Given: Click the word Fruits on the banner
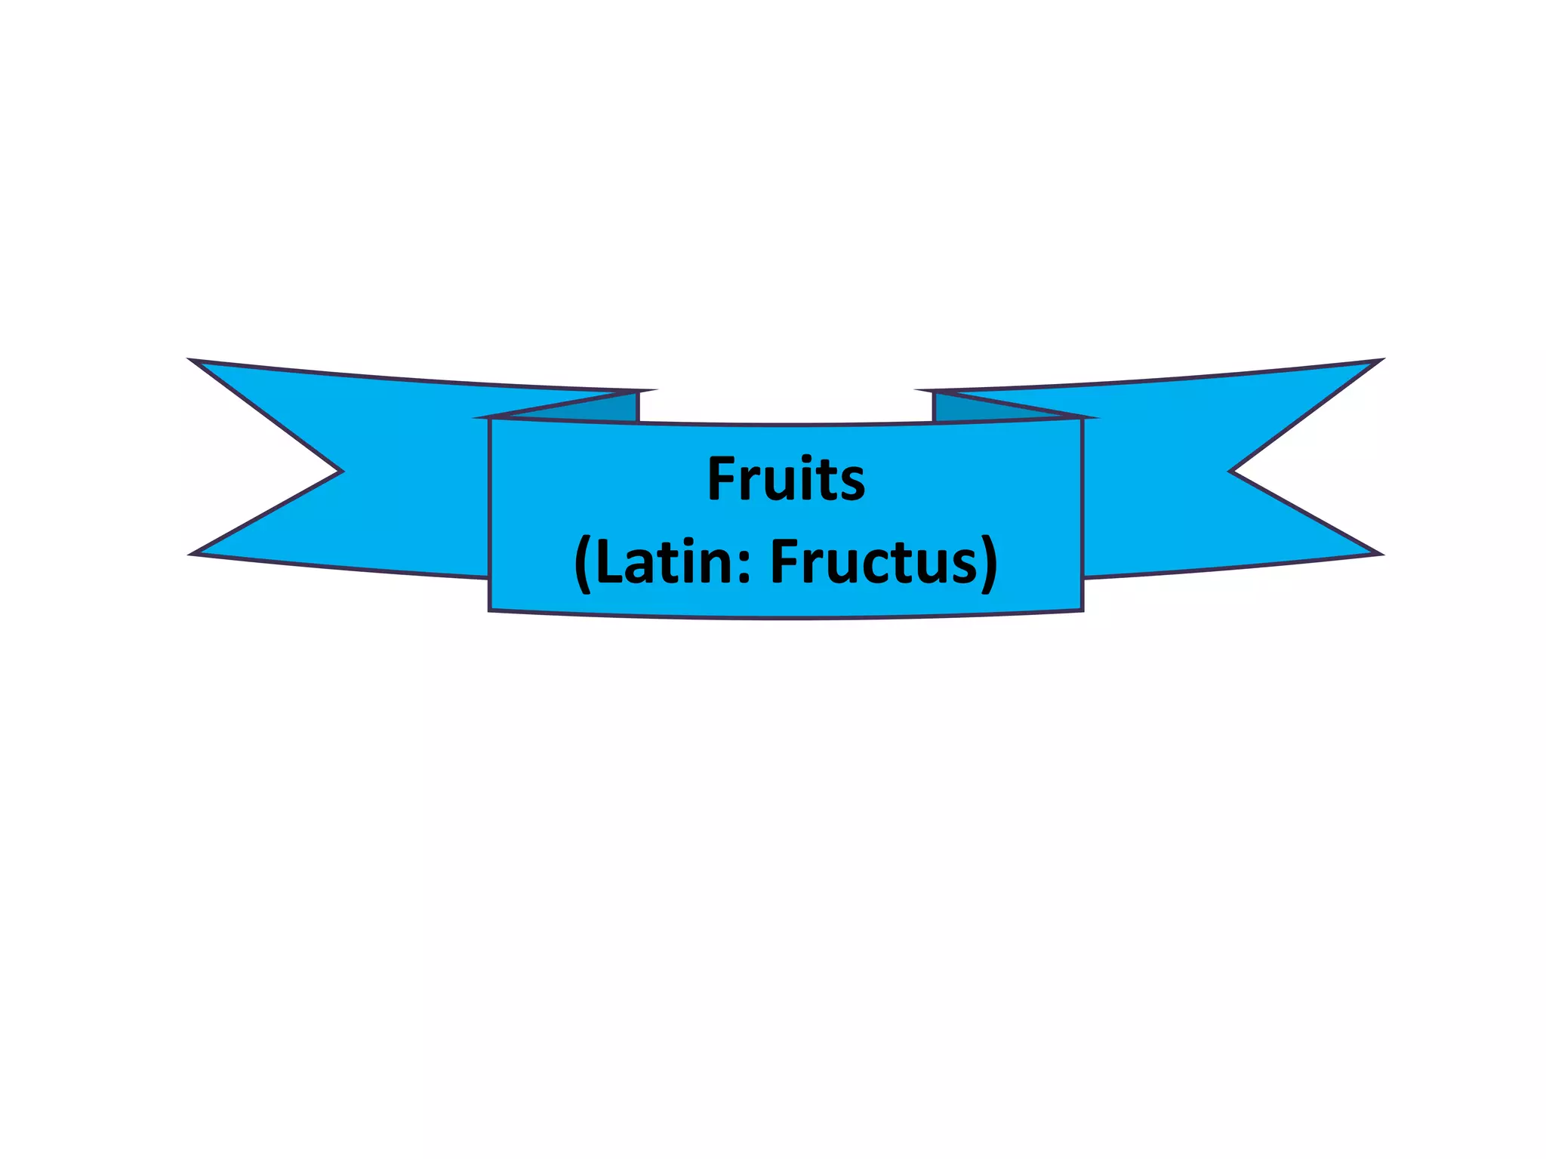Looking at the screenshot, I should pyautogui.click(x=786, y=479).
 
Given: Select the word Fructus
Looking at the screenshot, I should pyautogui.click(x=875, y=562).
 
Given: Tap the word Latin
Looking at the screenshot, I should pyautogui.click(x=665, y=562).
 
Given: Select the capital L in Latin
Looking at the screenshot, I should pyautogui.click(x=607, y=562).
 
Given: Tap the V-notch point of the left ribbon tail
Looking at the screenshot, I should pyautogui.click(x=341, y=472).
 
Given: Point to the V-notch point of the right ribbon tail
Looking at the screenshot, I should pyautogui.click(x=1231, y=472).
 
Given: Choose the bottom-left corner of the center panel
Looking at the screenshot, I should pyautogui.click(x=490, y=610).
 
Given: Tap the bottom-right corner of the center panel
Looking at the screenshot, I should pyautogui.click(x=1083, y=610).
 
